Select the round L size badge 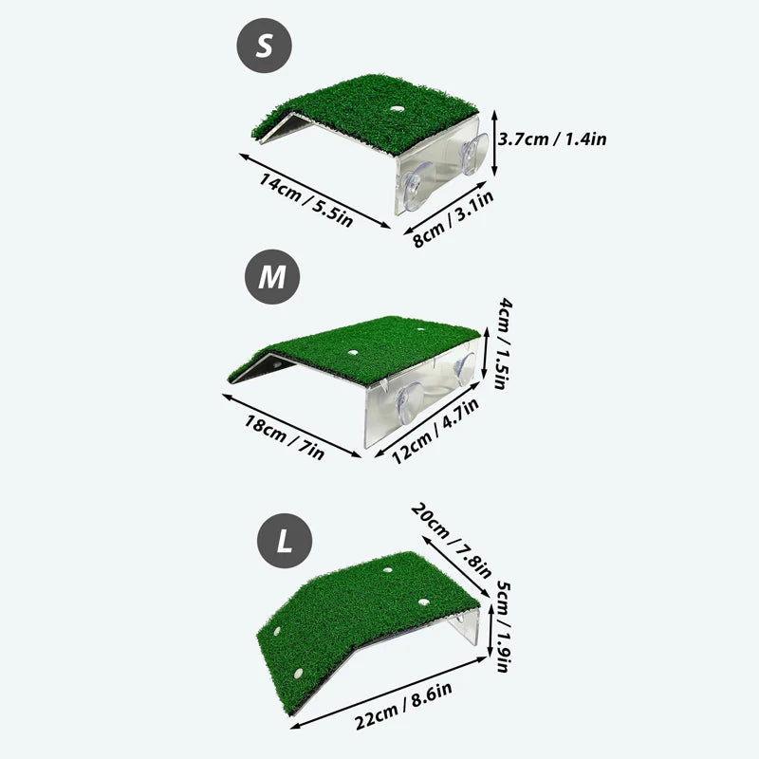pyautogui.click(x=283, y=543)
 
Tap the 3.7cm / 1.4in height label pyautogui.click(x=554, y=139)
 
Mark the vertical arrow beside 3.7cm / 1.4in pyautogui.click(x=495, y=142)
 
